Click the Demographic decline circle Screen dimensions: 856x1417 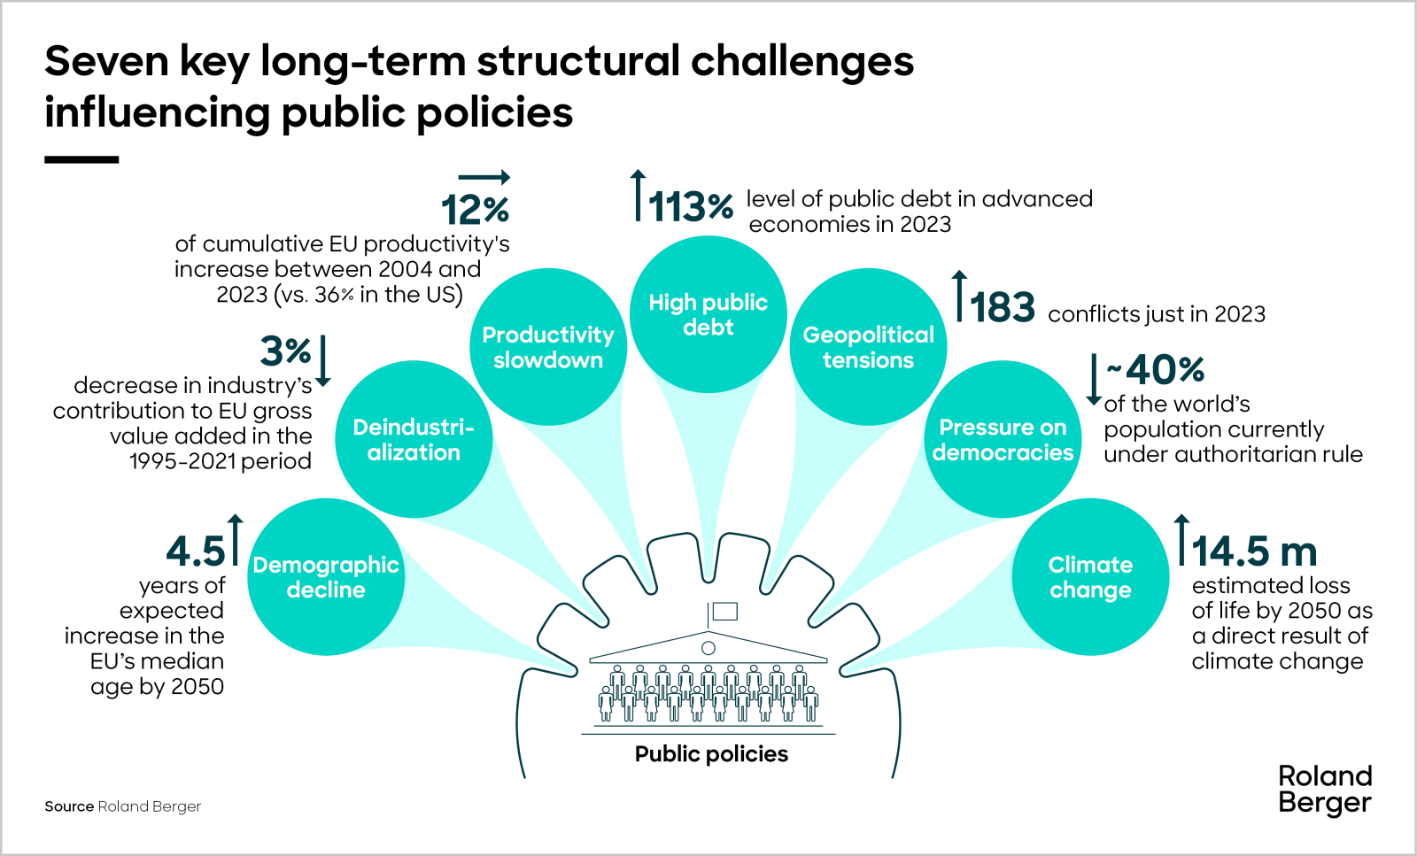326,577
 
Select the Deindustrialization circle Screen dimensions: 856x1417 414,439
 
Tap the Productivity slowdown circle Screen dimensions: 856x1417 548,347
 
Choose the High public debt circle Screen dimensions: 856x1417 708,314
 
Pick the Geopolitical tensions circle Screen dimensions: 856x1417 868,347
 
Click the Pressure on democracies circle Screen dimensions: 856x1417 1003,439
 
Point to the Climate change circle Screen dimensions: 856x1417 1090,577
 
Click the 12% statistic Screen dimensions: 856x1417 476,211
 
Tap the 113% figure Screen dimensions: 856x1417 691,208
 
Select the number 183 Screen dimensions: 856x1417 1003,308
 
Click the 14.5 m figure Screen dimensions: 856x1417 1254,551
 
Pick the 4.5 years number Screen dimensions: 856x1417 196,551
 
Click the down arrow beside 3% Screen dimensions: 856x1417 323,360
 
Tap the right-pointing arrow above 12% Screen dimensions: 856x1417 484,177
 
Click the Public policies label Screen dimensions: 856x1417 711,754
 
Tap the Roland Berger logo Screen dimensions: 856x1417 1325,789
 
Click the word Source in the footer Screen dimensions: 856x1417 69,806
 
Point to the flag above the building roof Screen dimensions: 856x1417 724,611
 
